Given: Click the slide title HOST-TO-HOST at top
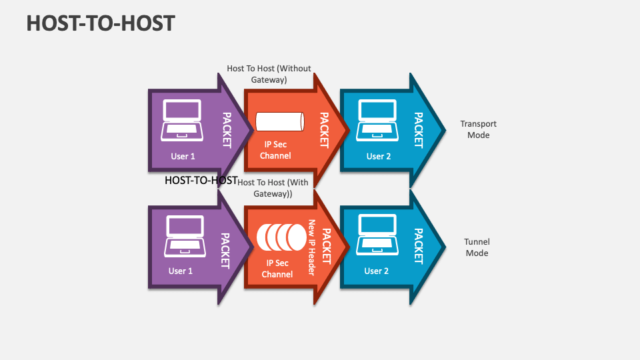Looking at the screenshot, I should [x=101, y=23].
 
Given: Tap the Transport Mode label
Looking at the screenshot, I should [x=478, y=129].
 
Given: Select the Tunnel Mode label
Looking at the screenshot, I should [x=477, y=248].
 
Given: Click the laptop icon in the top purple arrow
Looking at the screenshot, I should [x=182, y=120].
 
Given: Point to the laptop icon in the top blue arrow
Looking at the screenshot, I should [x=377, y=120].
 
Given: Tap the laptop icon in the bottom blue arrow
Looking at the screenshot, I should [x=377, y=236].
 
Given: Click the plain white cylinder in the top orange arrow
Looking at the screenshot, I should [x=279, y=122].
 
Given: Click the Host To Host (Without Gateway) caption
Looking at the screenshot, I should [x=269, y=74].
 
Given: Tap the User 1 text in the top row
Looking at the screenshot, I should [x=183, y=157].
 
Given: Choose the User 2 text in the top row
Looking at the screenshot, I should [x=378, y=157].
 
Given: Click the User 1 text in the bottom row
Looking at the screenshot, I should [x=181, y=271].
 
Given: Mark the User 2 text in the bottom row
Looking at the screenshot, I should [x=376, y=271].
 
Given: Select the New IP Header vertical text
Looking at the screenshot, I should [x=311, y=247].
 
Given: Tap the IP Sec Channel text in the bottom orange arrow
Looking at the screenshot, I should [x=277, y=269].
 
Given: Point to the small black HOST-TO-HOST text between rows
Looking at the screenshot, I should [x=201, y=181].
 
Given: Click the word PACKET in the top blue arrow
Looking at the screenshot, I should [x=418, y=129].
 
